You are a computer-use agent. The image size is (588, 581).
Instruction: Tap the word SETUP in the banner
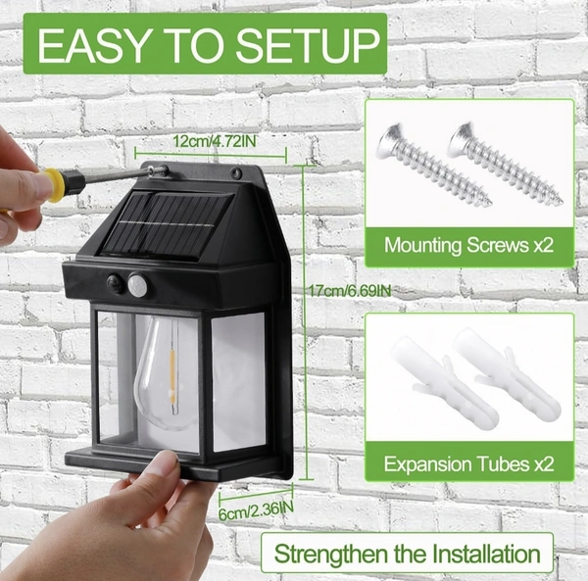tap(308, 45)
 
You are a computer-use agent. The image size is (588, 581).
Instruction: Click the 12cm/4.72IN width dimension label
tap(215, 141)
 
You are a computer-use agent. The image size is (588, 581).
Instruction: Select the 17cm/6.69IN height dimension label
tap(350, 290)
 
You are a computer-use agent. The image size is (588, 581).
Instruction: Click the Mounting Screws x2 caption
tap(468, 246)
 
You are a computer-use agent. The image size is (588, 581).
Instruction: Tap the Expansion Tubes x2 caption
tap(468, 464)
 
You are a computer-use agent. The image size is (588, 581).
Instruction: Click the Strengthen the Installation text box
tap(407, 554)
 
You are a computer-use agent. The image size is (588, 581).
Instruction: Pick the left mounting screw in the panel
tap(433, 165)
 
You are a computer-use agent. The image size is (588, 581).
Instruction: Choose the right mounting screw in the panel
tap(505, 163)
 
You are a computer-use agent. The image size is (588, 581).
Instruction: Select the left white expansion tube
tap(444, 381)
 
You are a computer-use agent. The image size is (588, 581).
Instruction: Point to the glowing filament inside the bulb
tap(172, 376)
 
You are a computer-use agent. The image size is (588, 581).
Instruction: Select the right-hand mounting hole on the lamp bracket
tap(235, 172)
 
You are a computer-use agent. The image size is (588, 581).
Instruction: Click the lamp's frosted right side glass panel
tap(238, 381)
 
